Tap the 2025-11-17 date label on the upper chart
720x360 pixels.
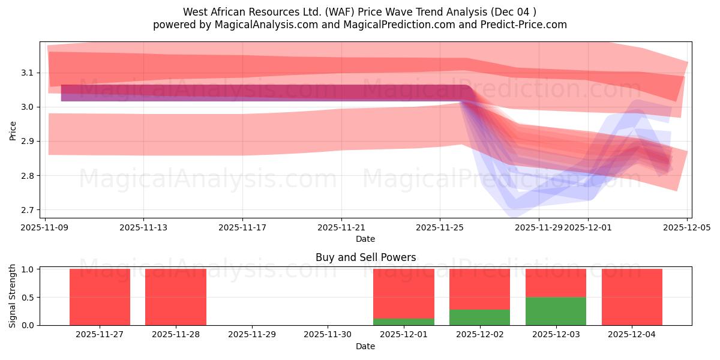242,227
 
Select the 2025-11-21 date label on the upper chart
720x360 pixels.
341,227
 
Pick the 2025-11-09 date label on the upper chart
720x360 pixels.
45,227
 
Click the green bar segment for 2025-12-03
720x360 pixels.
556,311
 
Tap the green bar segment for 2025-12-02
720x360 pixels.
479,317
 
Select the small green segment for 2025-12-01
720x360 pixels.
403,322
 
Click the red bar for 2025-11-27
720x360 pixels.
100,297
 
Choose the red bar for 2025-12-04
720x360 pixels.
632,297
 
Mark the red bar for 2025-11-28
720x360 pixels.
176,297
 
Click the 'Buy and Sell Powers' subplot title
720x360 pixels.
365,257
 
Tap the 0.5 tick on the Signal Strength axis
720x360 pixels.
28,297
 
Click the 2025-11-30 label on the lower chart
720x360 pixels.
328,334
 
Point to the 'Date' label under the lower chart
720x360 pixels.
365,346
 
